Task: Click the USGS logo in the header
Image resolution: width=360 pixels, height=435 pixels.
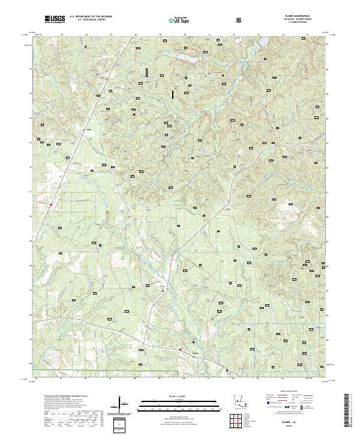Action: (x=55, y=19)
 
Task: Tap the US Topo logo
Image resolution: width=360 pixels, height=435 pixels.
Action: (x=179, y=20)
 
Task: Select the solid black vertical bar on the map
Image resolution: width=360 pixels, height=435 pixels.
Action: (x=173, y=94)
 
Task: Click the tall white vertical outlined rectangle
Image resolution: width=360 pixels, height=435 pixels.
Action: (x=146, y=72)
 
